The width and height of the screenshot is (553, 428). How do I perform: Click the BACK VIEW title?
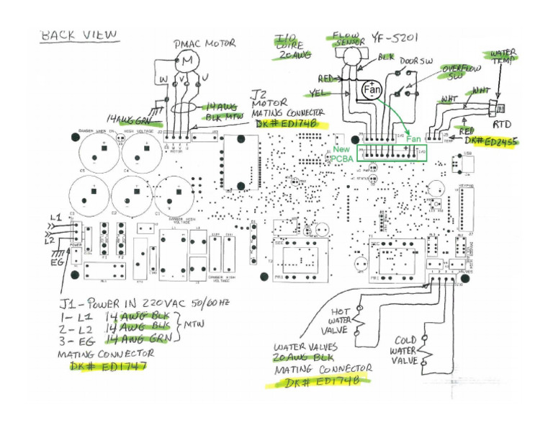79,35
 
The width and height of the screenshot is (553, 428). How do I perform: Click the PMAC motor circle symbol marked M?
186,62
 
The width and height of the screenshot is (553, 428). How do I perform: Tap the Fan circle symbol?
372,90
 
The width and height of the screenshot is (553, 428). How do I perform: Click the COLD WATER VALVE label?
405,350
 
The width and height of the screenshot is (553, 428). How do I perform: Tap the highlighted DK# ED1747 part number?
109,367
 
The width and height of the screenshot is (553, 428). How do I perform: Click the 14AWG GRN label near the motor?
129,119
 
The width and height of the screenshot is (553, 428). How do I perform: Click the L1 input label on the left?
55,217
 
